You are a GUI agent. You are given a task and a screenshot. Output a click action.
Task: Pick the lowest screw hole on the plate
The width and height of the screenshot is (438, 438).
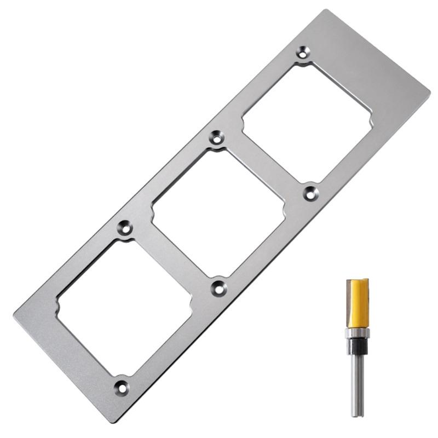pos(122,387)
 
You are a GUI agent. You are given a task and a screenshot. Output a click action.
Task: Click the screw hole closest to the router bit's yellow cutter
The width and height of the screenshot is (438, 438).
pos(311,192)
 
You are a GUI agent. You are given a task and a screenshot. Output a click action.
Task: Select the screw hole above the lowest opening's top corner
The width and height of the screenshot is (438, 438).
pos(125,227)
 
